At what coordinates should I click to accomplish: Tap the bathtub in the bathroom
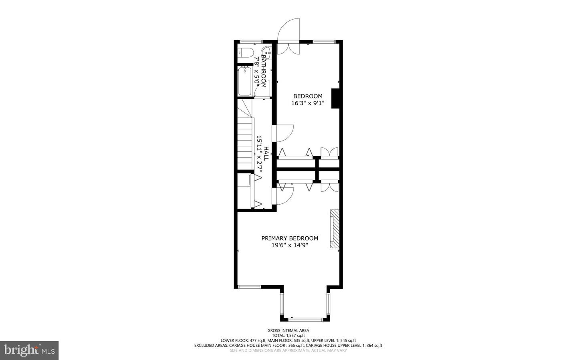pos(245,82)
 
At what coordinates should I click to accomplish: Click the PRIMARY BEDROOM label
pos(290,238)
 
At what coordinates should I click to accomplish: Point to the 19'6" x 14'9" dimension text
pos(290,245)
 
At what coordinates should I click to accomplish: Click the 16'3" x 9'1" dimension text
pos(308,103)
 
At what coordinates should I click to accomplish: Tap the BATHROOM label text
pos(264,71)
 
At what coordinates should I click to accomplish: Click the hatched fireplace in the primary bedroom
pos(335,229)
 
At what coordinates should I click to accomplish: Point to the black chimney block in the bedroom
pos(336,98)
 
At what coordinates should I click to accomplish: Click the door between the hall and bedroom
pos(283,133)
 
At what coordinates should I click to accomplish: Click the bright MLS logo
pos(29,350)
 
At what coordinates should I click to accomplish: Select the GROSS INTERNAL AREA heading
pos(288,330)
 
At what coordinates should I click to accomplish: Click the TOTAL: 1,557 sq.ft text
pos(288,336)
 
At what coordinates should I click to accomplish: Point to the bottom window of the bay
pos(305,319)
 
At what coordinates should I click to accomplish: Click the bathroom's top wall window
pos(251,42)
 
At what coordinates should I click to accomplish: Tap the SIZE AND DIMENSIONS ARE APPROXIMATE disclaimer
pos(288,350)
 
